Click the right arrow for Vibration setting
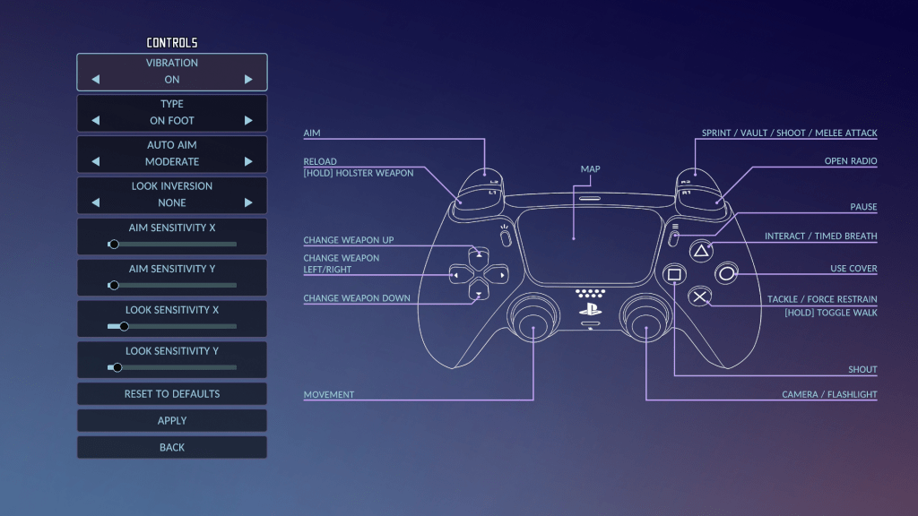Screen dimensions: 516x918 pos(248,80)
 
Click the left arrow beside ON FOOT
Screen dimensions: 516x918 pos(96,121)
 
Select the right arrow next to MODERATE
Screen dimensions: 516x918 pos(248,162)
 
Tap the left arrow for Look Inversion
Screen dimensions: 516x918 pos(96,203)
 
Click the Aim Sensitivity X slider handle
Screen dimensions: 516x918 pos(113,245)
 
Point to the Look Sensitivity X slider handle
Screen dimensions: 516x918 pos(124,327)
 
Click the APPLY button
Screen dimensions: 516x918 pos(172,420)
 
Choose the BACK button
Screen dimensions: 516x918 pos(172,447)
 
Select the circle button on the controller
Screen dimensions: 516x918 pos(726,273)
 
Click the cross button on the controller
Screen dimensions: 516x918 pos(700,297)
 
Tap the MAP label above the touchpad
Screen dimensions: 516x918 pos(590,168)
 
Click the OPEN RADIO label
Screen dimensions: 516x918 pos(850,161)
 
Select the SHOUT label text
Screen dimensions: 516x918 pos(862,370)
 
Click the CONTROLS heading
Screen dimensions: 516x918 pos(172,43)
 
